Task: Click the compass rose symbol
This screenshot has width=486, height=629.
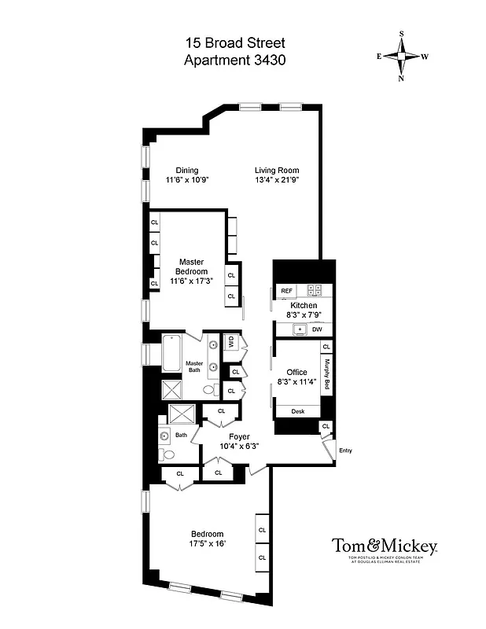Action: click(402, 56)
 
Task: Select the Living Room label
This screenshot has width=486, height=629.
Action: click(277, 171)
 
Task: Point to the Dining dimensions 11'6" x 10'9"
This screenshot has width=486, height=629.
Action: click(187, 180)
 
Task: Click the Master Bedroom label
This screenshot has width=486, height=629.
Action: click(192, 267)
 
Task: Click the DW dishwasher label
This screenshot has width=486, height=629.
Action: click(317, 329)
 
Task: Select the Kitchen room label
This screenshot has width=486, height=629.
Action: click(304, 305)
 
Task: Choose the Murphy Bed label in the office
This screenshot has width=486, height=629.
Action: click(326, 375)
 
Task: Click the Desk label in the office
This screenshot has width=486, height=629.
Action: click(297, 411)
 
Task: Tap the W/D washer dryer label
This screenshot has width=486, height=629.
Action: click(231, 342)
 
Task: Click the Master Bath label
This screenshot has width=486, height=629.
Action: click(194, 368)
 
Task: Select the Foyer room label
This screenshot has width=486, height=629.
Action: click(239, 436)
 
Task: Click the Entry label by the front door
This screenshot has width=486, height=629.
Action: click(344, 451)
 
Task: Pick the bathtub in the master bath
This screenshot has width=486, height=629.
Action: click(173, 352)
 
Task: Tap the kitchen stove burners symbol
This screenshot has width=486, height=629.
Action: click(315, 290)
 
